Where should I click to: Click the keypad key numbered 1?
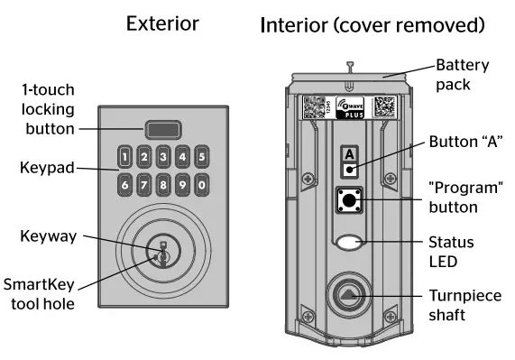(x=125, y=157)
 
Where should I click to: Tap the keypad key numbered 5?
(x=202, y=157)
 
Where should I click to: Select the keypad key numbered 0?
(x=202, y=185)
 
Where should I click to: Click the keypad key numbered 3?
(x=163, y=157)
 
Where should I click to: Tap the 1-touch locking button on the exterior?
(x=163, y=128)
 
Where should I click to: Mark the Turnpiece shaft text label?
(x=464, y=308)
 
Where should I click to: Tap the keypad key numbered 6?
(x=125, y=185)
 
